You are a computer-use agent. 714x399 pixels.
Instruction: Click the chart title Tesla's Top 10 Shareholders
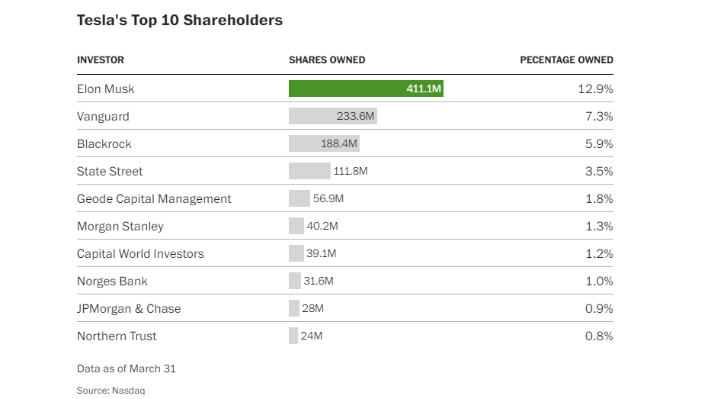point(180,21)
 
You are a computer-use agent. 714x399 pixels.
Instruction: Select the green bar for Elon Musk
point(366,88)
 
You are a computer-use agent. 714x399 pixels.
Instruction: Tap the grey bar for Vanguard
point(333,116)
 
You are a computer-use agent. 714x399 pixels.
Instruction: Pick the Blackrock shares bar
point(324,143)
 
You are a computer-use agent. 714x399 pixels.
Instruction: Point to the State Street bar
point(309,171)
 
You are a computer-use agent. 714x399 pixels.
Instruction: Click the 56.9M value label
point(328,198)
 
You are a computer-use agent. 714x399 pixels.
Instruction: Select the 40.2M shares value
point(322,226)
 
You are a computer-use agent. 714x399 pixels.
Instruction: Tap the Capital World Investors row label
point(140,253)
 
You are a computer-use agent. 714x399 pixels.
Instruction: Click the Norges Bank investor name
point(112,281)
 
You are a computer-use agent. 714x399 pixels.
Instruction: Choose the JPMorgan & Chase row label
point(129,308)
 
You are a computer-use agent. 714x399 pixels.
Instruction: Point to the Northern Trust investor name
point(117,336)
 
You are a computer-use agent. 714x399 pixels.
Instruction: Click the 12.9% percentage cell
point(595,88)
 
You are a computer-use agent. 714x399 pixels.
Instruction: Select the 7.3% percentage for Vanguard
point(599,116)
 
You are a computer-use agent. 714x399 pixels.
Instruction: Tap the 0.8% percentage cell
point(599,336)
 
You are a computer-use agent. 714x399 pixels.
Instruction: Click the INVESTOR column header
point(101,60)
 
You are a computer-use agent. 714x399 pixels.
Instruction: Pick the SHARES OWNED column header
point(327,60)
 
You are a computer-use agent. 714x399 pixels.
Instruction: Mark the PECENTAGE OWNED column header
point(566,60)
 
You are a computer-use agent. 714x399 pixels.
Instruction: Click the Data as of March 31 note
point(126,368)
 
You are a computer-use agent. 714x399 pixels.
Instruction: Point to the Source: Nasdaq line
point(111,391)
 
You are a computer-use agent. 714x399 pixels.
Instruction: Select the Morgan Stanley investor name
point(120,226)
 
